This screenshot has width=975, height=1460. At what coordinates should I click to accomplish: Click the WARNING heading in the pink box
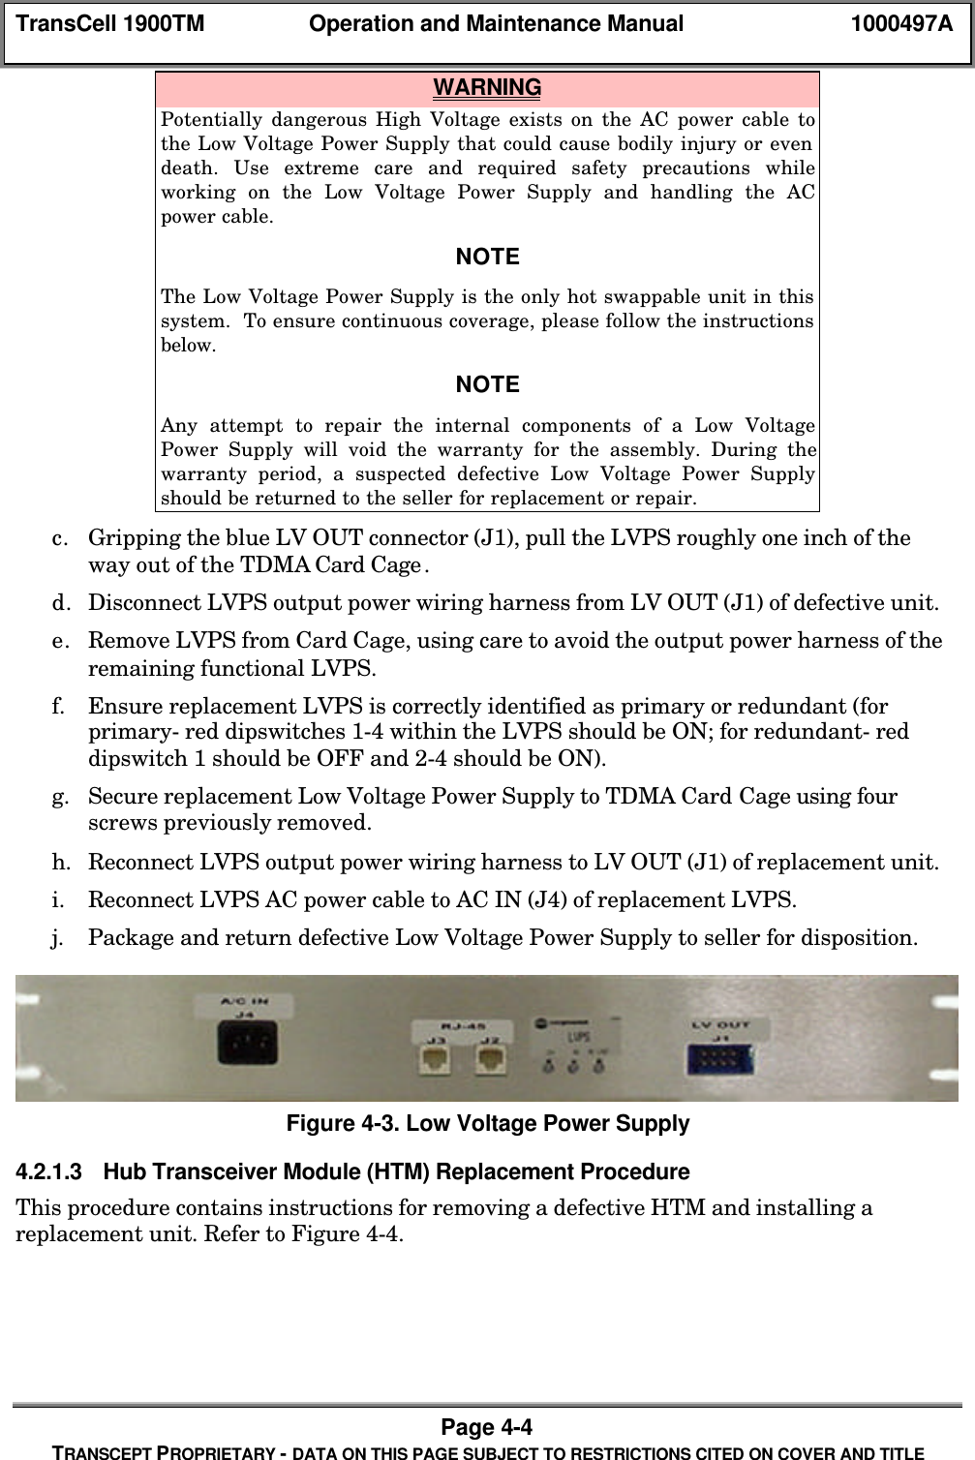tap(487, 88)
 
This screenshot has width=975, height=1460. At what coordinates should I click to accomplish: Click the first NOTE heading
tap(487, 258)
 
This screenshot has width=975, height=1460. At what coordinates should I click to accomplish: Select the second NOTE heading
tap(487, 385)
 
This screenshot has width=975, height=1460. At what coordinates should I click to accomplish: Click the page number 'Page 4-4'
tap(487, 1427)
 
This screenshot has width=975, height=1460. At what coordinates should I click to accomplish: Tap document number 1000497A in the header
tap(900, 24)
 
